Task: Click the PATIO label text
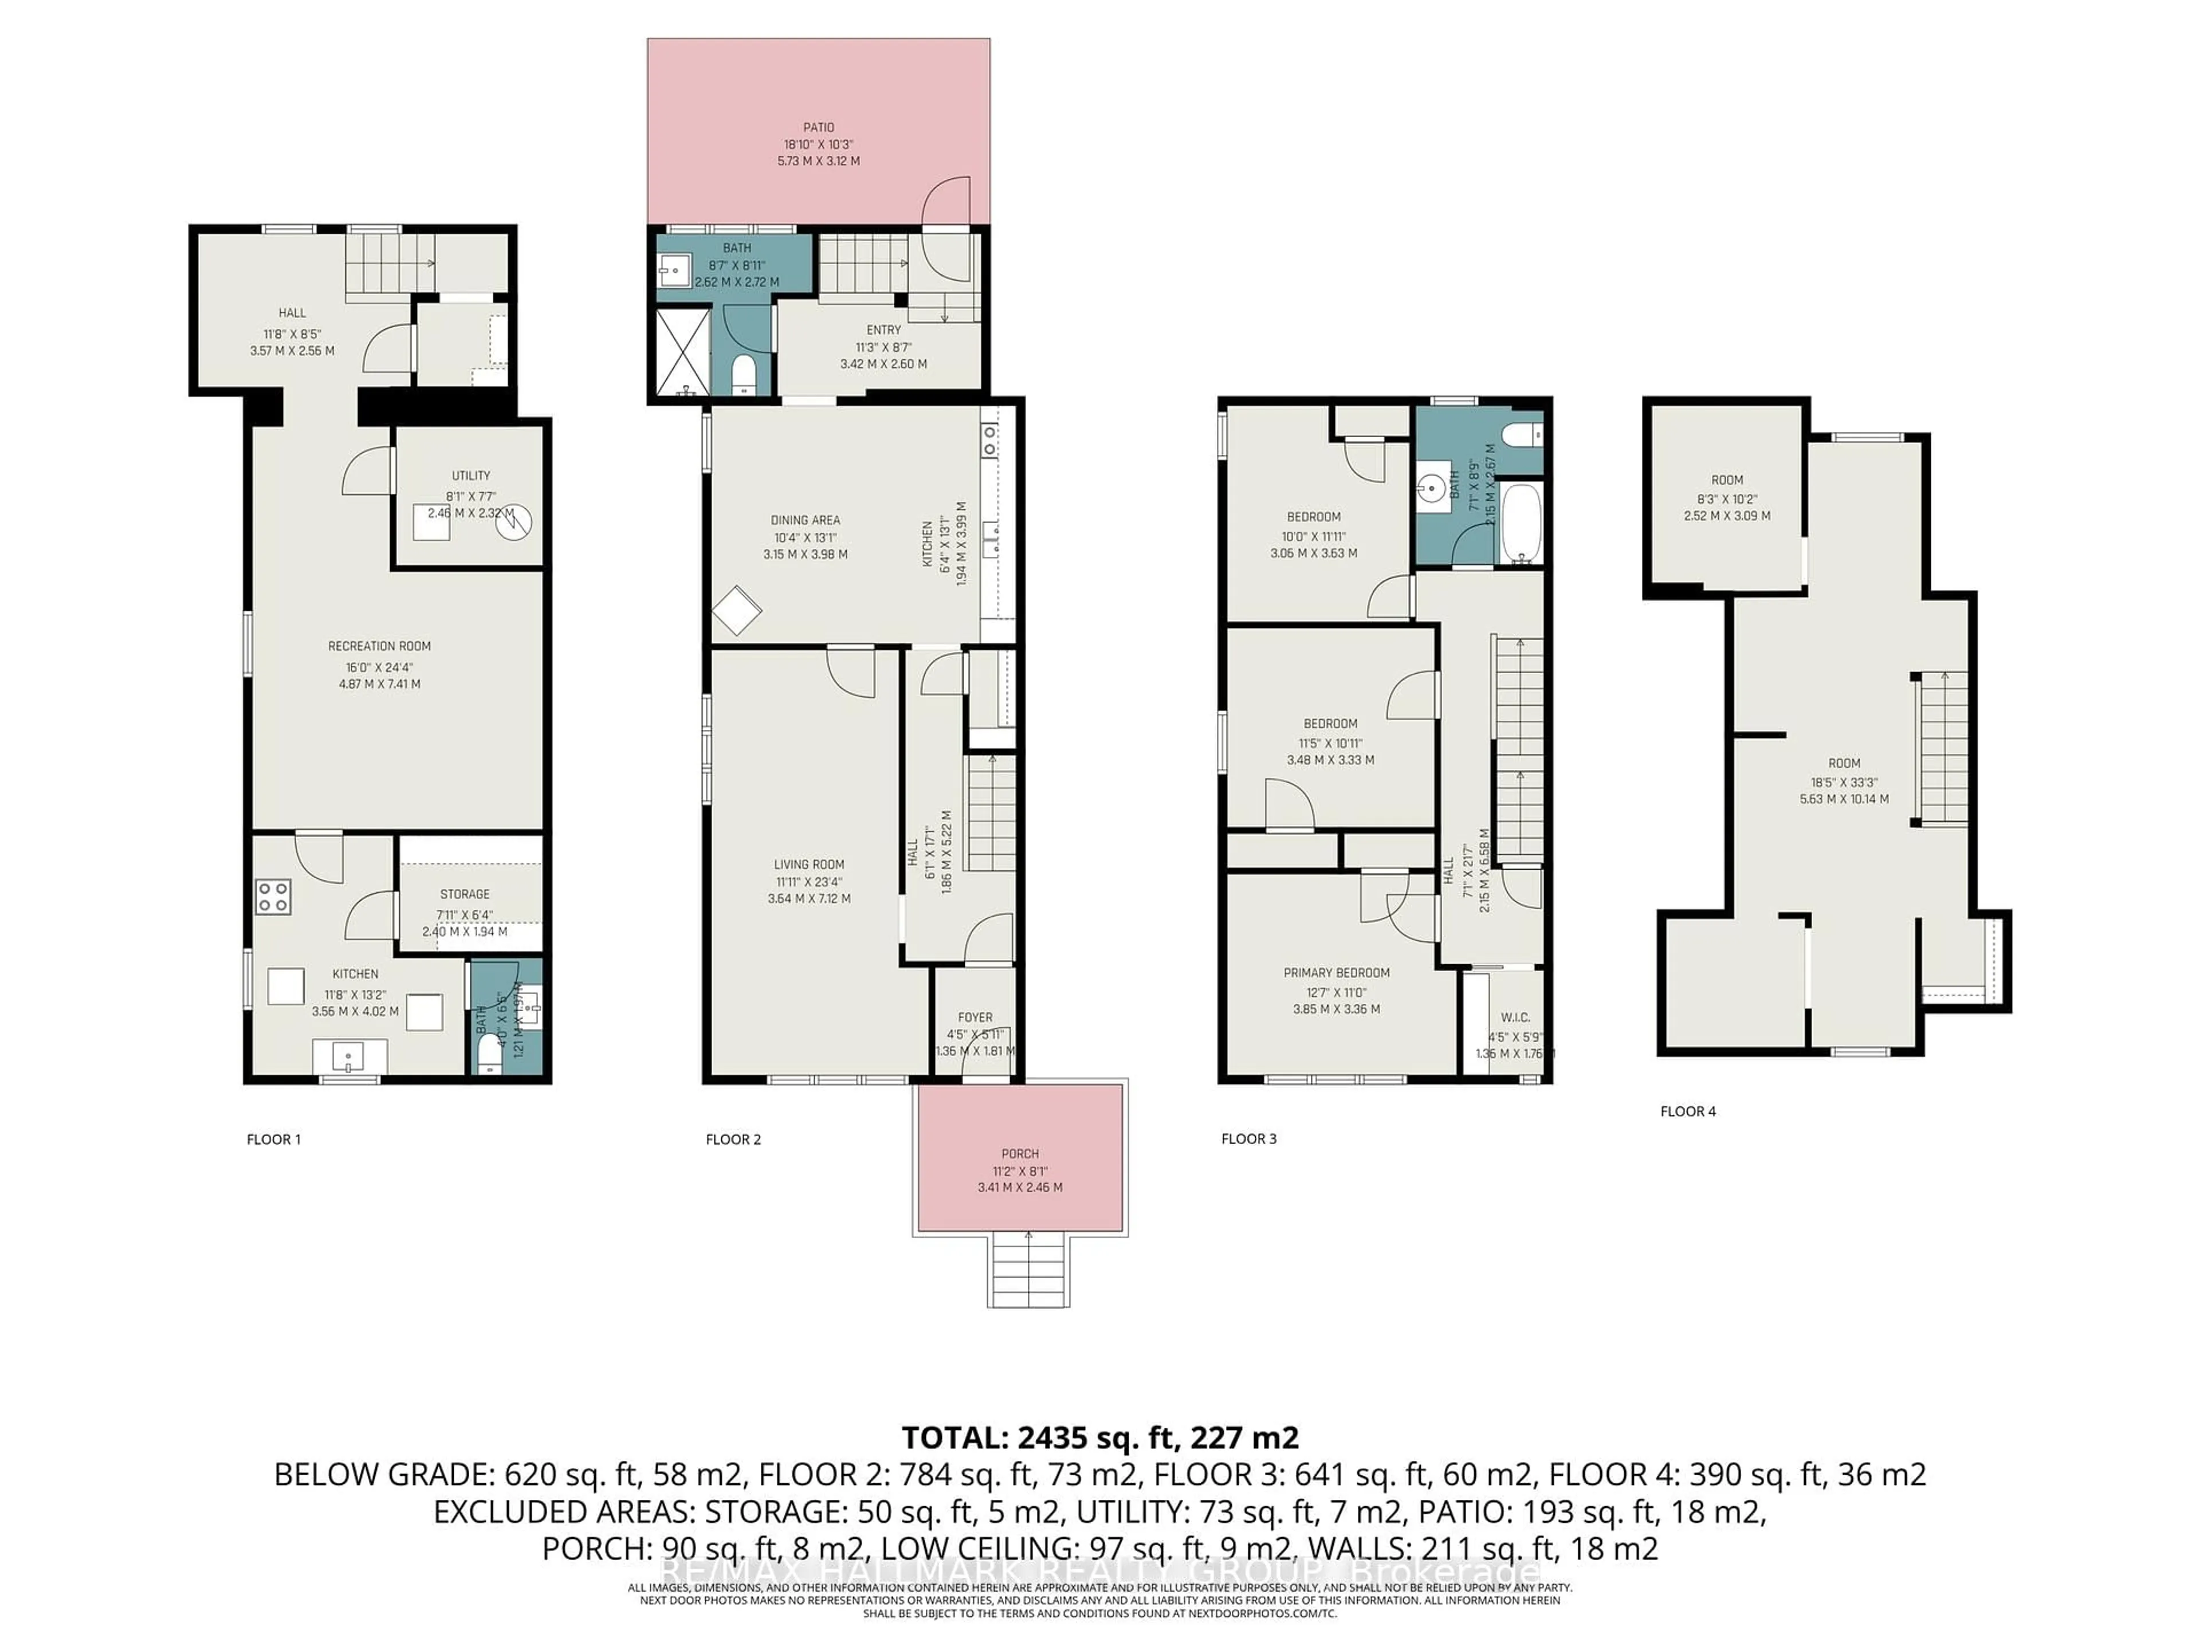pos(819,127)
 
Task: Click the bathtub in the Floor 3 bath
pos(1521,523)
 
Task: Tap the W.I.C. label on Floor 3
pos(1515,1017)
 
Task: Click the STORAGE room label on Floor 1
pos(465,894)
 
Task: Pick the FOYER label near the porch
pos(975,1017)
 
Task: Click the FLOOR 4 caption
pos(1688,1111)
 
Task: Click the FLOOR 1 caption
pos(273,1139)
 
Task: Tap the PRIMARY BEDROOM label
pos(1335,973)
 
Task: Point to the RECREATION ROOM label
pos(379,646)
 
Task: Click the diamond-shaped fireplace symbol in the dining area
pos(737,611)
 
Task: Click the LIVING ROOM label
pos(808,865)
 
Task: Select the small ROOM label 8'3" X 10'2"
pos(1727,480)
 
